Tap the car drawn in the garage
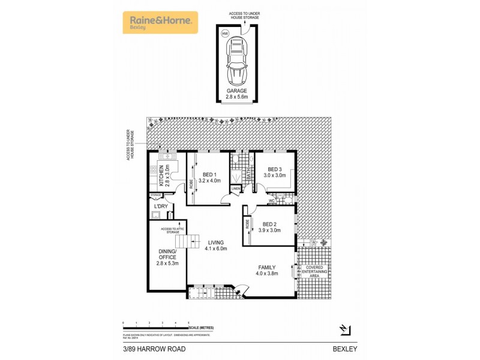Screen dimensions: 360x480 coord(237,59)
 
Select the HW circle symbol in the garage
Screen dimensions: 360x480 coord(226,34)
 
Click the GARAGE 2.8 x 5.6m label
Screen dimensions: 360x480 coord(237,94)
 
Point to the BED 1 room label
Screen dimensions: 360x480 coord(210,176)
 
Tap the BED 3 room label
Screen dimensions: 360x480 coord(275,172)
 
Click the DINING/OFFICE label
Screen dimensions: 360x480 coord(168,257)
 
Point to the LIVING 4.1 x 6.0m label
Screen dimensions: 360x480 coord(216,245)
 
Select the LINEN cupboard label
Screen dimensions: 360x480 coord(235,190)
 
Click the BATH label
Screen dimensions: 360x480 coord(248,175)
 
